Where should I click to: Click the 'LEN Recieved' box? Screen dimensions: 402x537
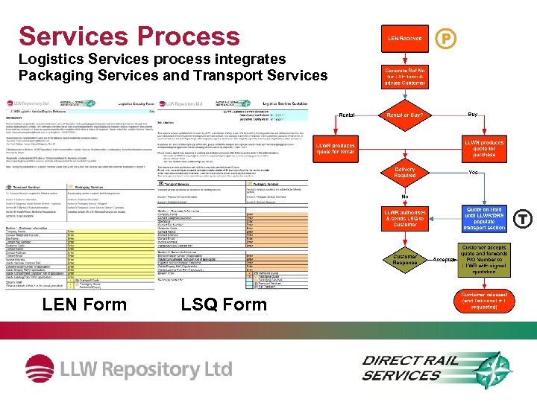pyautogui.click(x=405, y=38)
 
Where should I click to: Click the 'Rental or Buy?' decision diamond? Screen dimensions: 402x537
pyautogui.click(x=405, y=115)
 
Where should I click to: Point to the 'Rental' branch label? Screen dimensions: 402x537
pyautogui.click(x=348, y=115)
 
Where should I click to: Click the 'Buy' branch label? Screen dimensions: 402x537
pyautogui.click(x=472, y=115)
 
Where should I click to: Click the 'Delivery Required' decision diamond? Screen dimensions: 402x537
pyautogui.click(x=405, y=173)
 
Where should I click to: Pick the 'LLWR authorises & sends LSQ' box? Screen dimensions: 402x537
pyautogui.click(x=405, y=218)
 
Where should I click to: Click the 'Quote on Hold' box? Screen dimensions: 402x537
pyautogui.click(x=484, y=218)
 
